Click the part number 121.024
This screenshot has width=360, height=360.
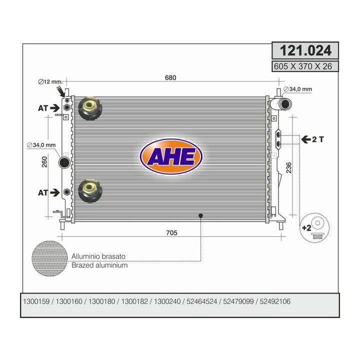305,50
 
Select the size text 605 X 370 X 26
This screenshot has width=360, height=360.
303,66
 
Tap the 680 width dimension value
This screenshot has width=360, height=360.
170,77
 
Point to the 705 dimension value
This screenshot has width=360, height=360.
171,233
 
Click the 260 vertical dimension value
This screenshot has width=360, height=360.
44,162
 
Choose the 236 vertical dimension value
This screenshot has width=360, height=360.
288,167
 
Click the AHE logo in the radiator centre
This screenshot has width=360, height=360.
171,156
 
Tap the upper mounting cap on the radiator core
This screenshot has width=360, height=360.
90,108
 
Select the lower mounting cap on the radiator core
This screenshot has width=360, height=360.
90,191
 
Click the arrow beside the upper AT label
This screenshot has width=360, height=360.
54,108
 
